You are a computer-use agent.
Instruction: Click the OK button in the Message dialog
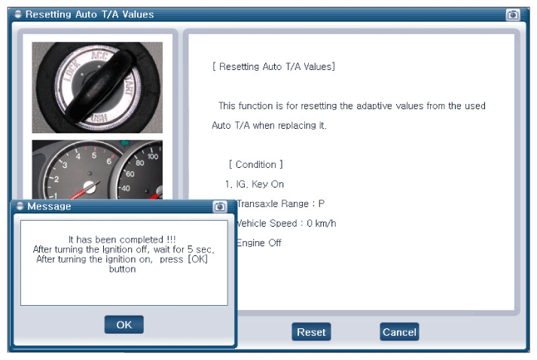coord(124,325)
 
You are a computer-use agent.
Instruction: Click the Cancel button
coord(399,332)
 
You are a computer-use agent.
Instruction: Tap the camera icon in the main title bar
coord(513,15)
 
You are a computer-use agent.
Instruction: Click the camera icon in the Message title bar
coord(220,206)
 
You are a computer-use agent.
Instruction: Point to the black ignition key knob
coord(99,86)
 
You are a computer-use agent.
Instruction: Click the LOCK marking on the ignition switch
coord(72,70)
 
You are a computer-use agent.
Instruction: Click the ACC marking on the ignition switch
coord(99,55)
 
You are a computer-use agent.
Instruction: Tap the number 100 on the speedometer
coord(153,157)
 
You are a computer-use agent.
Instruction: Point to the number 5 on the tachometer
coord(94,155)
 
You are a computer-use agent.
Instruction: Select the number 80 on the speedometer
coord(140,163)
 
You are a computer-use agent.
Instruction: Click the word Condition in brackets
coord(256,165)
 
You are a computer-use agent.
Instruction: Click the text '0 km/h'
coord(322,224)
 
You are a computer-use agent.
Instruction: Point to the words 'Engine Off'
coord(258,243)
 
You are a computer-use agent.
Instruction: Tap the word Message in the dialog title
coord(49,206)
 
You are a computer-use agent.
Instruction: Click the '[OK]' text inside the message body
coord(197,259)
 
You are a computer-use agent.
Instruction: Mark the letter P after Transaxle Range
coord(322,204)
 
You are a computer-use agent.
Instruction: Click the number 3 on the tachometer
coord(65,165)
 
